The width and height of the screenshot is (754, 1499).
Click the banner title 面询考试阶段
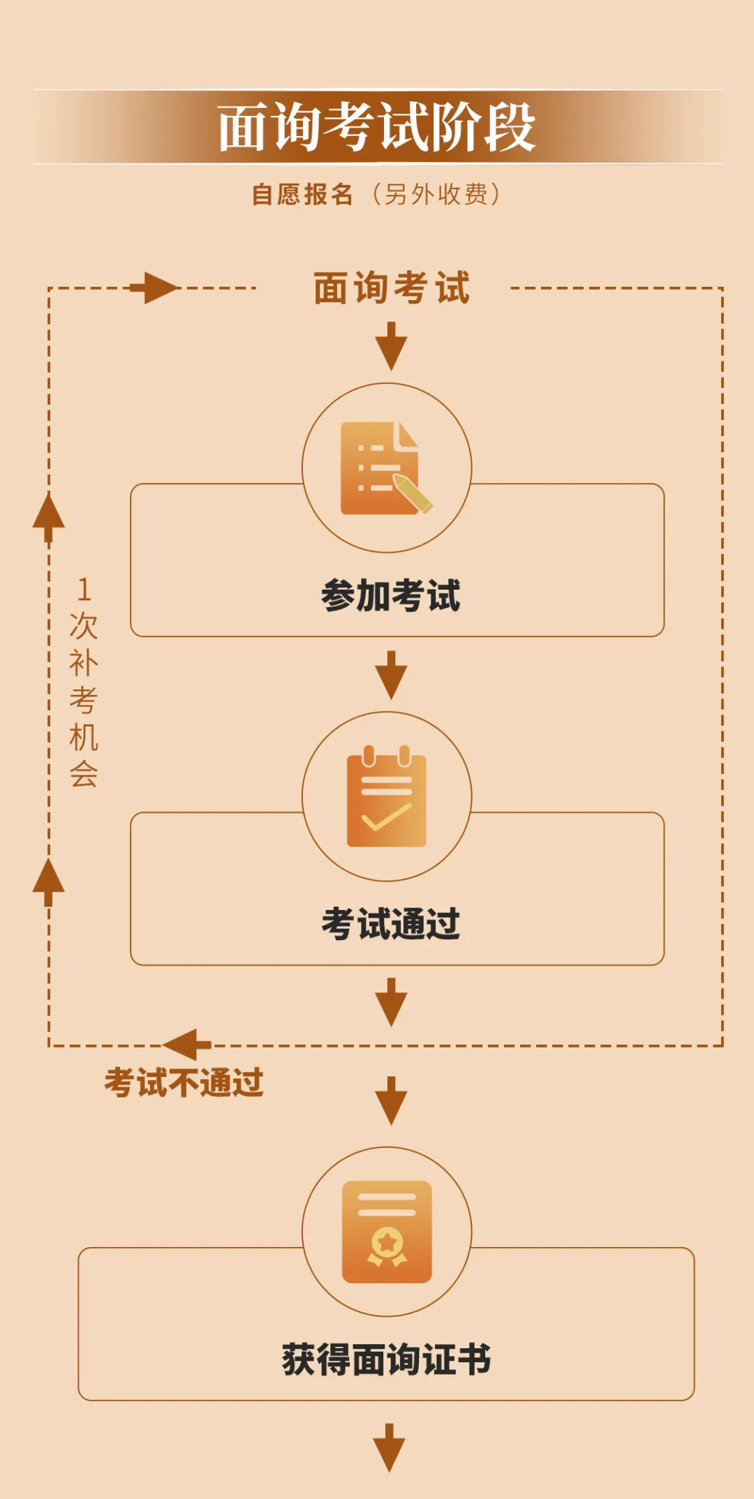pos(376,127)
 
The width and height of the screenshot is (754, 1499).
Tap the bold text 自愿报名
pos(302,195)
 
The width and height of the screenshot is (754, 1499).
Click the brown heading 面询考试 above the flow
pos(392,288)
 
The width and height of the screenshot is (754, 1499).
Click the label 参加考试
pos(391,596)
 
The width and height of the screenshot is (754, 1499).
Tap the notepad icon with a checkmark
pos(387,797)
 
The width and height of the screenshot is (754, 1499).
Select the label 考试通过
pos(391,924)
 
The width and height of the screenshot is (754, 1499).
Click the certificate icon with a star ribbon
pos(387,1232)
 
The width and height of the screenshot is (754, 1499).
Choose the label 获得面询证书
pos(387,1359)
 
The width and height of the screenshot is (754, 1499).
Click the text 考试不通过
pos(184,1083)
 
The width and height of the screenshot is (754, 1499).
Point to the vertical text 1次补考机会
pos(84,682)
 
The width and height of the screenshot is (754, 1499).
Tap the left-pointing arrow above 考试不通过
pos(187,1045)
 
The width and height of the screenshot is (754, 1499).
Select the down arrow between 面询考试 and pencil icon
pos(391,346)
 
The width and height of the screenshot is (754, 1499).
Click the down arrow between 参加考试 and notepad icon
pos(391,675)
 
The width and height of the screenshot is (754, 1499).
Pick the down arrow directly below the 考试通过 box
pos(391,1002)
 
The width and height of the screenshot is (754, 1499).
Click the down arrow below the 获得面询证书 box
pos(389,1447)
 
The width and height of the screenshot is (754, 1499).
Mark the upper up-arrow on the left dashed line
pos(49,516)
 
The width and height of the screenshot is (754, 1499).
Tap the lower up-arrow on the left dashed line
pos(49,881)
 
